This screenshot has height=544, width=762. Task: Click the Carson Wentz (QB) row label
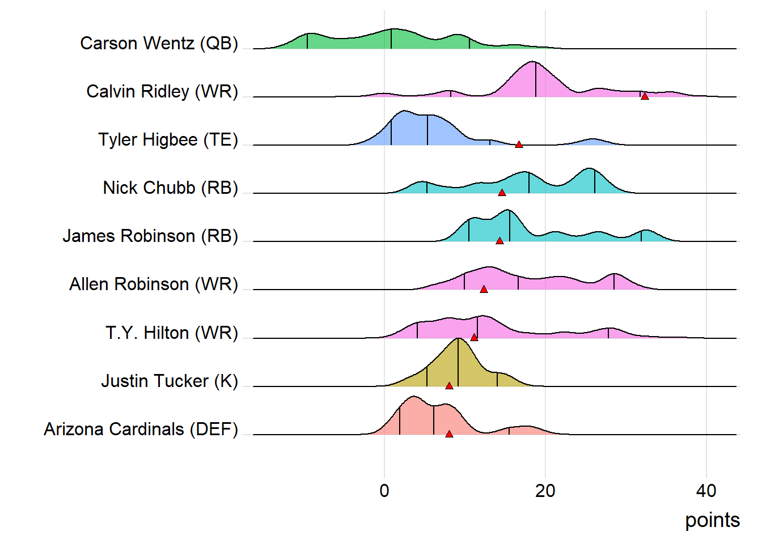(x=159, y=44)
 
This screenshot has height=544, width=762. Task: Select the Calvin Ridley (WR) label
(x=162, y=92)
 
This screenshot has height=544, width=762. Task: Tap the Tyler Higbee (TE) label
(x=168, y=140)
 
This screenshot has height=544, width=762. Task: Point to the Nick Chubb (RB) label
(x=170, y=188)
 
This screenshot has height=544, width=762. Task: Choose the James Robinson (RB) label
(x=150, y=236)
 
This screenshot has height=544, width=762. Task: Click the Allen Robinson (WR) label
(x=154, y=284)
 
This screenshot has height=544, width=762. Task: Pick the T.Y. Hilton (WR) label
(x=171, y=333)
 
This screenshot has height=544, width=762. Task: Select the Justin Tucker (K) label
(x=170, y=381)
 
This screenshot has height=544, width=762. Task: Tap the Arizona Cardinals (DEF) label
(x=141, y=430)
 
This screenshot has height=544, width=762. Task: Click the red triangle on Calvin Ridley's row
(x=645, y=96)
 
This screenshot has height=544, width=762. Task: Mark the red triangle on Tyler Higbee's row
(x=519, y=145)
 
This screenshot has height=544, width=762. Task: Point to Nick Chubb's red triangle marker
(x=502, y=193)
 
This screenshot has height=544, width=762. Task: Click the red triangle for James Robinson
(x=499, y=241)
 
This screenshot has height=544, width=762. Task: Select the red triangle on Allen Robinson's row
(x=484, y=290)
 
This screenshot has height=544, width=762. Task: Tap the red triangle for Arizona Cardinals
(x=449, y=434)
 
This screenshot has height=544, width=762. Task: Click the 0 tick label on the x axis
(x=384, y=491)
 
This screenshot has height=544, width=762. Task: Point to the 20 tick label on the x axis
(x=545, y=491)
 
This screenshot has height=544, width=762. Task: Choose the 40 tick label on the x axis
(x=706, y=491)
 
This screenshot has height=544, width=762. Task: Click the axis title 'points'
(x=712, y=520)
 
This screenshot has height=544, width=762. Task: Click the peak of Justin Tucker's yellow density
(x=458, y=339)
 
